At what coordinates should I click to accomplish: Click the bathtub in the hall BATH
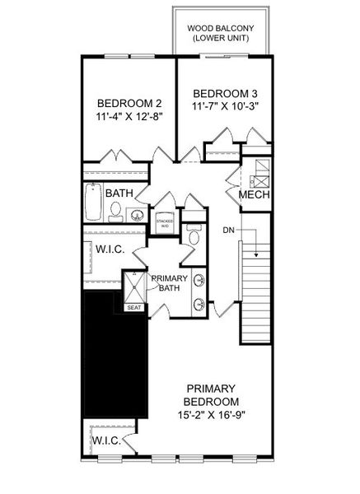tap(93, 203)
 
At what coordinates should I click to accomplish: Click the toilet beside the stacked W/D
tap(194, 237)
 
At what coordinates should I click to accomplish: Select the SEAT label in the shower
tap(133, 307)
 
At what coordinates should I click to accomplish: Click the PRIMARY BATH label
tap(171, 283)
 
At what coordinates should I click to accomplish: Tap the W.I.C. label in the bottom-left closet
tap(106, 440)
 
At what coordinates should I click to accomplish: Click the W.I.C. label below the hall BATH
tap(109, 249)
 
